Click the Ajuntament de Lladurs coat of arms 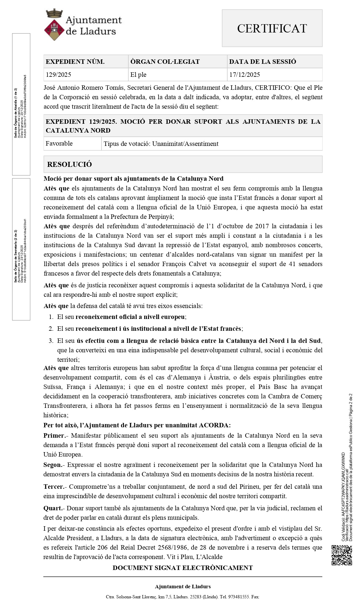(x=54, y=25)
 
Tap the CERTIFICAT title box (x=272, y=28)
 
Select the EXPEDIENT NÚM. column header (x=75, y=62)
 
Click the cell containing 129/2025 (x=58, y=74)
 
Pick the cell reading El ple (x=138, y=74)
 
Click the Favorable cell (x=59, y=144)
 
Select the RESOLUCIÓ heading (x=70, y=164)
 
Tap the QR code (x=342, y=555)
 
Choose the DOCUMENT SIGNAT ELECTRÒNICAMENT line (x=183, y=568)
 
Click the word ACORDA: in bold (x=215, y=425)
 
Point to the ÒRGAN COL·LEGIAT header (x=165, y=62)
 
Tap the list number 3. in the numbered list (x=51, y=341)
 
